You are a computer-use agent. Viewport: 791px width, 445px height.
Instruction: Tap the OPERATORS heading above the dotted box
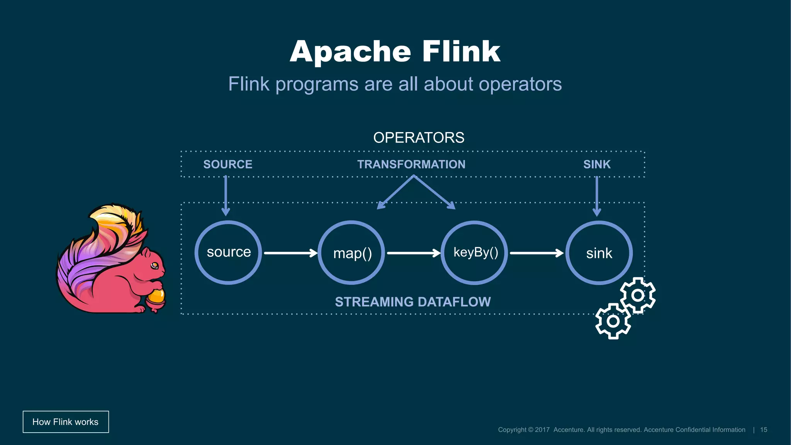(419, 138)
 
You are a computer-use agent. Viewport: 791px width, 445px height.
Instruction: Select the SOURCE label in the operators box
(227, 165)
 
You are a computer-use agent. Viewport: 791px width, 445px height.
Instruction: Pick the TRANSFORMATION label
(411, 165)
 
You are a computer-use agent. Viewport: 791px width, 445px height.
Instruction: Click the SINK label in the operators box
(597, 165)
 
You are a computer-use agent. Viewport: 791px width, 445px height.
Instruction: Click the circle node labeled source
(228, 253)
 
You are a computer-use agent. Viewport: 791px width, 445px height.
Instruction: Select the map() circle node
(351, 253)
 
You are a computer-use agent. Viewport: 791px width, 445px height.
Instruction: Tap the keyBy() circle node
(475, 253)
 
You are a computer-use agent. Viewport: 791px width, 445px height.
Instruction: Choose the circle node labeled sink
(599, 253)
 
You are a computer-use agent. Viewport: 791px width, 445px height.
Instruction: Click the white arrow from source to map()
(290, 253)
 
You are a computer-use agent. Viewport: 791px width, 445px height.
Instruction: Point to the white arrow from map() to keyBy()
(413, 253)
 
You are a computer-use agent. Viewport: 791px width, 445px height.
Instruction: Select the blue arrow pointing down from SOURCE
(226, 195)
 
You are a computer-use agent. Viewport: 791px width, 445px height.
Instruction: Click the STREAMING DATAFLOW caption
(412, 302)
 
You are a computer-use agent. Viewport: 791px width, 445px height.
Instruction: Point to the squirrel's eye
(154, 265)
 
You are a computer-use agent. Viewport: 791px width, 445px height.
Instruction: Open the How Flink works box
(66, 422)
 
